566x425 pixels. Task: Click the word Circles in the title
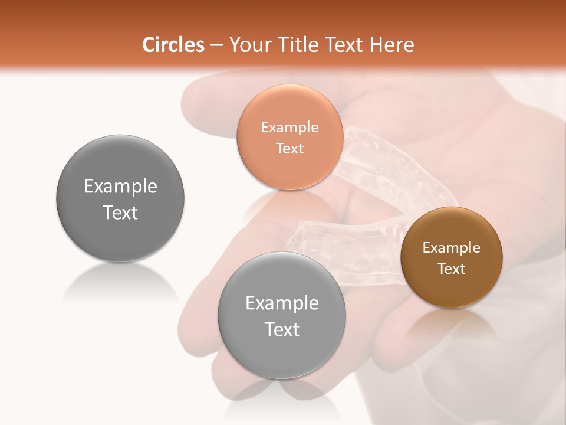(173, 45)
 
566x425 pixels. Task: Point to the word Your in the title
(250, 45)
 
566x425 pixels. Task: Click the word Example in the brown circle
(452, 248)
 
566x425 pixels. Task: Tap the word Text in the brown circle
(452, 269)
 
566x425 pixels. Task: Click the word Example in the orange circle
(289, 127)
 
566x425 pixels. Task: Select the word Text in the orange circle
(289, 149)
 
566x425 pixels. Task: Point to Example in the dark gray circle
(120, 187)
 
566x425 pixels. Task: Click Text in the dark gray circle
(120, 212)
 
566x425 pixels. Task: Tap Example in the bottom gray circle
(282, 303)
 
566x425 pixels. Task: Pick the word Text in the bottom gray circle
(282, 329)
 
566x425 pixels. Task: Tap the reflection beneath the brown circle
(452, 325)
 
